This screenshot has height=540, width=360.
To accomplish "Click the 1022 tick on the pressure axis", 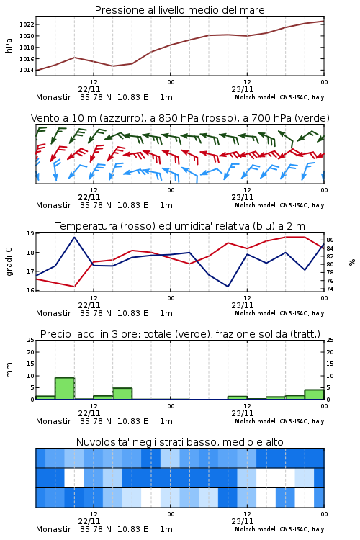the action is tap(26, 24).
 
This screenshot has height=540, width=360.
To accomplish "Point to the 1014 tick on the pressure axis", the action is tap(26, 71).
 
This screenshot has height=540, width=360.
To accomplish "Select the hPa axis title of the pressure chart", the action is tap(9, 45).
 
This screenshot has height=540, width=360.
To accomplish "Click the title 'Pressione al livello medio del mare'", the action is tap(180, 10).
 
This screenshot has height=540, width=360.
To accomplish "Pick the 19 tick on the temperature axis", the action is tap(30, 233).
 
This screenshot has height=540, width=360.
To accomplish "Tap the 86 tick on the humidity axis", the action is tap(330, 240).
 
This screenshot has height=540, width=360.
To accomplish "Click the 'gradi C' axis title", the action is tap(9, 262).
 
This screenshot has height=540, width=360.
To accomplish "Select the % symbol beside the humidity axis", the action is tap(352, 262).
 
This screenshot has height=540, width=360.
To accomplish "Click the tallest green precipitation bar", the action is tap(65, 389).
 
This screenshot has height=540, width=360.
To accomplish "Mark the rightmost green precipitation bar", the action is tap(314, 395).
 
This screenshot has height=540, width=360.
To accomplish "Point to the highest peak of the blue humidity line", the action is tap(74, 237).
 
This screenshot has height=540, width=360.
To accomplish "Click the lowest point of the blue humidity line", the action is tap(228, 287).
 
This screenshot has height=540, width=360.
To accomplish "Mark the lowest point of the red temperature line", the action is tap(74, 287).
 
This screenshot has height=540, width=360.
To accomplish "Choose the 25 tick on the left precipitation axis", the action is tap(30, 341).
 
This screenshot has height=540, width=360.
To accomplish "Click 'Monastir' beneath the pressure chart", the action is tap(53, 97).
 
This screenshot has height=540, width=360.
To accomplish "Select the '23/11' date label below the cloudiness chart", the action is tap(243, 521).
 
